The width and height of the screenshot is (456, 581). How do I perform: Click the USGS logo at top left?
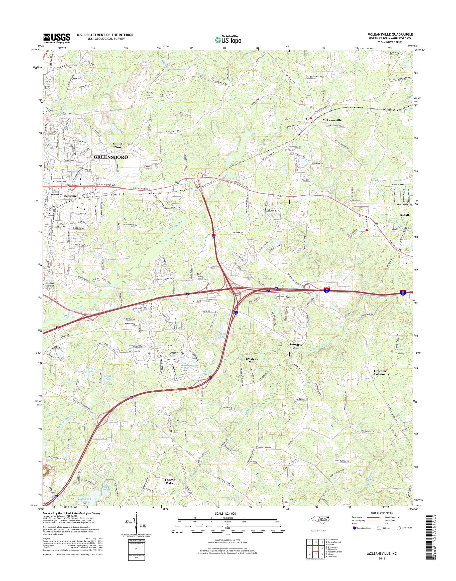(x=57, y=38)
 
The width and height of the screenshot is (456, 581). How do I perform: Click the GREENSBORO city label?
(x=111, y=158)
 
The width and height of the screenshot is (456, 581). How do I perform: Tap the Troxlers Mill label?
(x=252, y=361)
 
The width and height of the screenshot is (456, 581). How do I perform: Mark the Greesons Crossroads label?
(x=381, y=373)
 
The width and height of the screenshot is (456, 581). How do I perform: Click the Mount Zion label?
(x=117, y=146)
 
